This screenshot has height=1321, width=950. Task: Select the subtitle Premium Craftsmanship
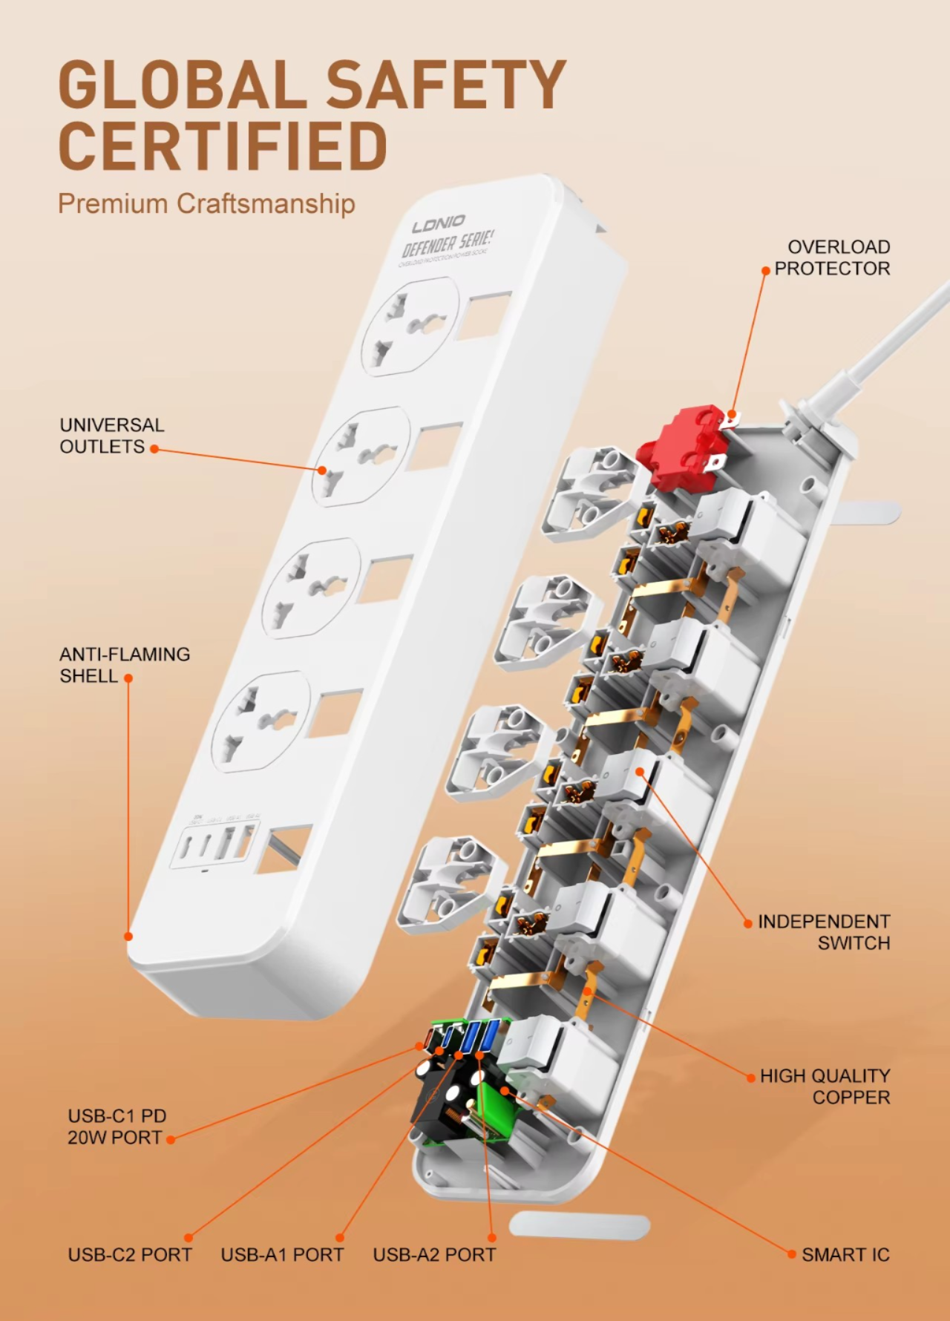pyautogui.click(x=206, y=203)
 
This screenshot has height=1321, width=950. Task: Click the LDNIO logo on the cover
pyautogui.click(x=439, y=223)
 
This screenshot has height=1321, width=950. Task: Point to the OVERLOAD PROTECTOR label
pyautogui.click(x=832, y=258)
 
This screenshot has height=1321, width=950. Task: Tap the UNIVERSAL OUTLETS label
pyautogui.click(x=111, y=436)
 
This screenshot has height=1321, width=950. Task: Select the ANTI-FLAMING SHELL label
pyautogui.click(x=124, y=665)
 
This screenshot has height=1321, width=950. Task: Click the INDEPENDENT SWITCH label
pyautogui.click(x=824, y=932)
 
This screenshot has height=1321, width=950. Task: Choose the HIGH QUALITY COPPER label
pyautogui.click(x=825, y=1086)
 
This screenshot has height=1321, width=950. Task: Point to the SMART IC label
pyautogui.click(x=845, y=1255)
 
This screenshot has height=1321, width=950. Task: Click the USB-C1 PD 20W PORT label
pyautogui.click(x=117, y=1127)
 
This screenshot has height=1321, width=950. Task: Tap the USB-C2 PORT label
pyautogui.click(x=130, y=1255)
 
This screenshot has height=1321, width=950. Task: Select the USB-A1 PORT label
pyautogui.click(x=282, y=1255)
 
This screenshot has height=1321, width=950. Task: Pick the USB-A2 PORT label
pyautogui.click(x=434, y=1255)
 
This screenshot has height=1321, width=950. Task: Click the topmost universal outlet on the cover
pyautogui.click(x=410, y=327)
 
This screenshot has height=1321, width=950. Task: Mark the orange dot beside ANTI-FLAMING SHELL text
pyautogui.click(x=128, y=678)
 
